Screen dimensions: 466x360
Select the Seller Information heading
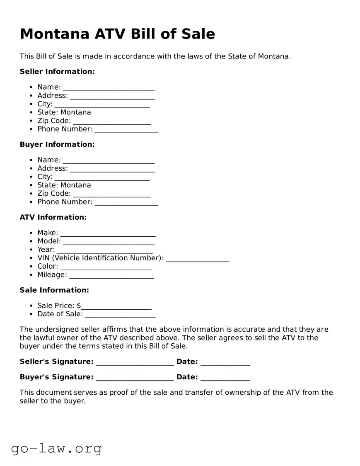tap(57, 72)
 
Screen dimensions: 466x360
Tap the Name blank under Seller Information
tap(109, 88)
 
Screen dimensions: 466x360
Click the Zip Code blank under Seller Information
tap(111, 121)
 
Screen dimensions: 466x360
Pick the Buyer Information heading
tap(57, 144)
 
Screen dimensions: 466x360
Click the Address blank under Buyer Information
tap(112, 169)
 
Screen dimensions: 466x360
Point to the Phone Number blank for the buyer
tap(126, 203)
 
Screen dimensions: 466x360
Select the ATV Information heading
tap(53, 217)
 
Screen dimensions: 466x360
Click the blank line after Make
tap(108, 234)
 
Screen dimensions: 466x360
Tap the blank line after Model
tap(109, 242)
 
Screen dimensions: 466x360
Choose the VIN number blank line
tap(197, 259)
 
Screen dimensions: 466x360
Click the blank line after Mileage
tap(111, 276)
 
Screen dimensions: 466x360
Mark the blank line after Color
tap(106, 267)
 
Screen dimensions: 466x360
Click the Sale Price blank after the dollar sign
tap(116, 307)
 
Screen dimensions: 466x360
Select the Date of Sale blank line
tap(120, 315)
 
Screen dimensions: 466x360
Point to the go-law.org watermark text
tap(56, 448)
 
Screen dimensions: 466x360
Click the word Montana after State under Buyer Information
tap(76, 185)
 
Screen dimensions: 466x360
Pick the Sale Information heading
tap(54, 290)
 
